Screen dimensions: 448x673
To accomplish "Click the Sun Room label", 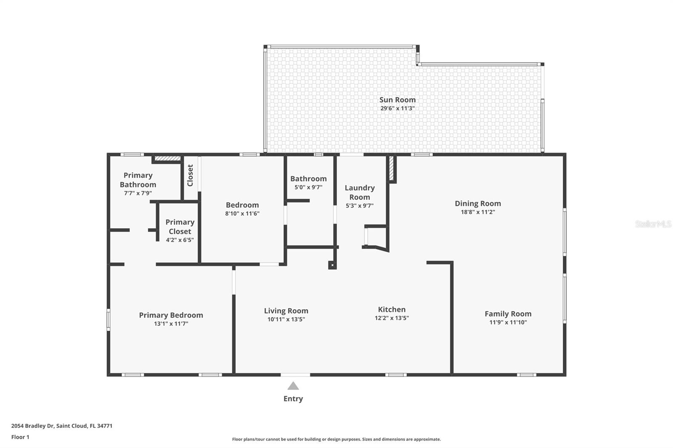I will pyautogui.click(x=397, y=100).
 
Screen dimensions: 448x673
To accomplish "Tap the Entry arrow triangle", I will pyautogui.click(x=293, y=386).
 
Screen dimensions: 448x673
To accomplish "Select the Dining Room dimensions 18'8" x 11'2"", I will pyautogui.click(x=478, y=212).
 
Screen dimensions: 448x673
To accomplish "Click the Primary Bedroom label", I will pyautogui.click(x=171, y=315).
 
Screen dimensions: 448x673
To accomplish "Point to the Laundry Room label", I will pyautogui.click(x=360, y=192).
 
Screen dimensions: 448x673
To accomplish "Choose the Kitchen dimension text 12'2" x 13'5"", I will pyautogui.click(x=392, y=318).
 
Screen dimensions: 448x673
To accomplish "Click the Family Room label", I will pyautogui.click(x=508, y=314).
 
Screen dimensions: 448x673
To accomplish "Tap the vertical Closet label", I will pyautogui.click(x=190, y=175).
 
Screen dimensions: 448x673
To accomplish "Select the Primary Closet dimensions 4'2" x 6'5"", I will pyautogui.click(x=180, y=240).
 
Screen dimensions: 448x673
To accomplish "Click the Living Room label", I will pyautogui.click(x=286, y=311).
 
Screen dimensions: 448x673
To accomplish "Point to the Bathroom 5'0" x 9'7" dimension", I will pyautogui.click(x=308, y=187).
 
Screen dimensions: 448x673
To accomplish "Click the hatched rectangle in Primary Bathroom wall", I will pyautogui.click(x=167, y=158).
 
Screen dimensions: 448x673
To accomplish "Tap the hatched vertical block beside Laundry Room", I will pyautogui.click(x=391, y=168).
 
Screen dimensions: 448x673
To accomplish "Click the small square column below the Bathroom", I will pyautogui.click(x=332, y=265).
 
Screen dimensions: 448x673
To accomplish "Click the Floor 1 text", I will pyautogui.click(x=20, y=437).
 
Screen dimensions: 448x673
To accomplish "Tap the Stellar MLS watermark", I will pyautogui.click(x=653, y=224).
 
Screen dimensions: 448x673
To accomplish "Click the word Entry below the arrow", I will pyautogui.click(x=293, y=399).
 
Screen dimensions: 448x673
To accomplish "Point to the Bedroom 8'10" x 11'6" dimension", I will pyautogui.click(x=242, y=213).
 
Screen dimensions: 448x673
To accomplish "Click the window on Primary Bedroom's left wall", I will pyautogui.click(x=109, y=319).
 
